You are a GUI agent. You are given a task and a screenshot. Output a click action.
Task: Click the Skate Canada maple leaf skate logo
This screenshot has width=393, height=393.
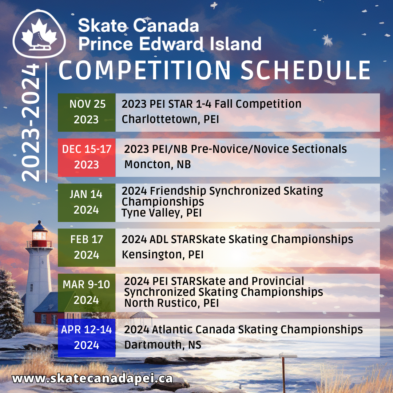39,34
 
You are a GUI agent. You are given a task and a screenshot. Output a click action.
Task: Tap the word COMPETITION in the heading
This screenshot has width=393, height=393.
144,70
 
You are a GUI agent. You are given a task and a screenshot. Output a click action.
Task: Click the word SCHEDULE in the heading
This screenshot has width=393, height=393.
306,70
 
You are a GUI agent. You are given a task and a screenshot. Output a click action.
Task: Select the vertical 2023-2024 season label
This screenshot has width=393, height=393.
31,123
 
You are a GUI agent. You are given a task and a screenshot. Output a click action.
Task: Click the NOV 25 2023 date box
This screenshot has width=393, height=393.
87,112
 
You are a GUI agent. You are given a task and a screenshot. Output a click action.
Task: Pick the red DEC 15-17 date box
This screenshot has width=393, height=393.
87,158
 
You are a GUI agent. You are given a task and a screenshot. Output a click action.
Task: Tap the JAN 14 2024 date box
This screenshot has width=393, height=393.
87,203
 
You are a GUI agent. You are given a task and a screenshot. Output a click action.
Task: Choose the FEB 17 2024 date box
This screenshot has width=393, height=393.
87,248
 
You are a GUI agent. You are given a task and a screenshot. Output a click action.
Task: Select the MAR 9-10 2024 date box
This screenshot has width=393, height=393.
87,293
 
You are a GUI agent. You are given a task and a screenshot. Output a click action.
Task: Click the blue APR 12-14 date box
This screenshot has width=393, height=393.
87,338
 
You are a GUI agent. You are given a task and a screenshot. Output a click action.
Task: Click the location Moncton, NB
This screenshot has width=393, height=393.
158,165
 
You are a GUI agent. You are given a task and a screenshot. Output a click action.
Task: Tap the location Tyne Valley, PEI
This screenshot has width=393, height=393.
162,213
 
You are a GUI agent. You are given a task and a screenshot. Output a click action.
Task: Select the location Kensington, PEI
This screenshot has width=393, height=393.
163,255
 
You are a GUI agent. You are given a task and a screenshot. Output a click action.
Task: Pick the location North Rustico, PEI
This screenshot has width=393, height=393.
171,303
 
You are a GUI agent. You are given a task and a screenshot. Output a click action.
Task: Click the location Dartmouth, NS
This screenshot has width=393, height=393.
163,345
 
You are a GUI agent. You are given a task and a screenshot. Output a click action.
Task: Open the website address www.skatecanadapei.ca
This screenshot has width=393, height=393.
92,379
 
